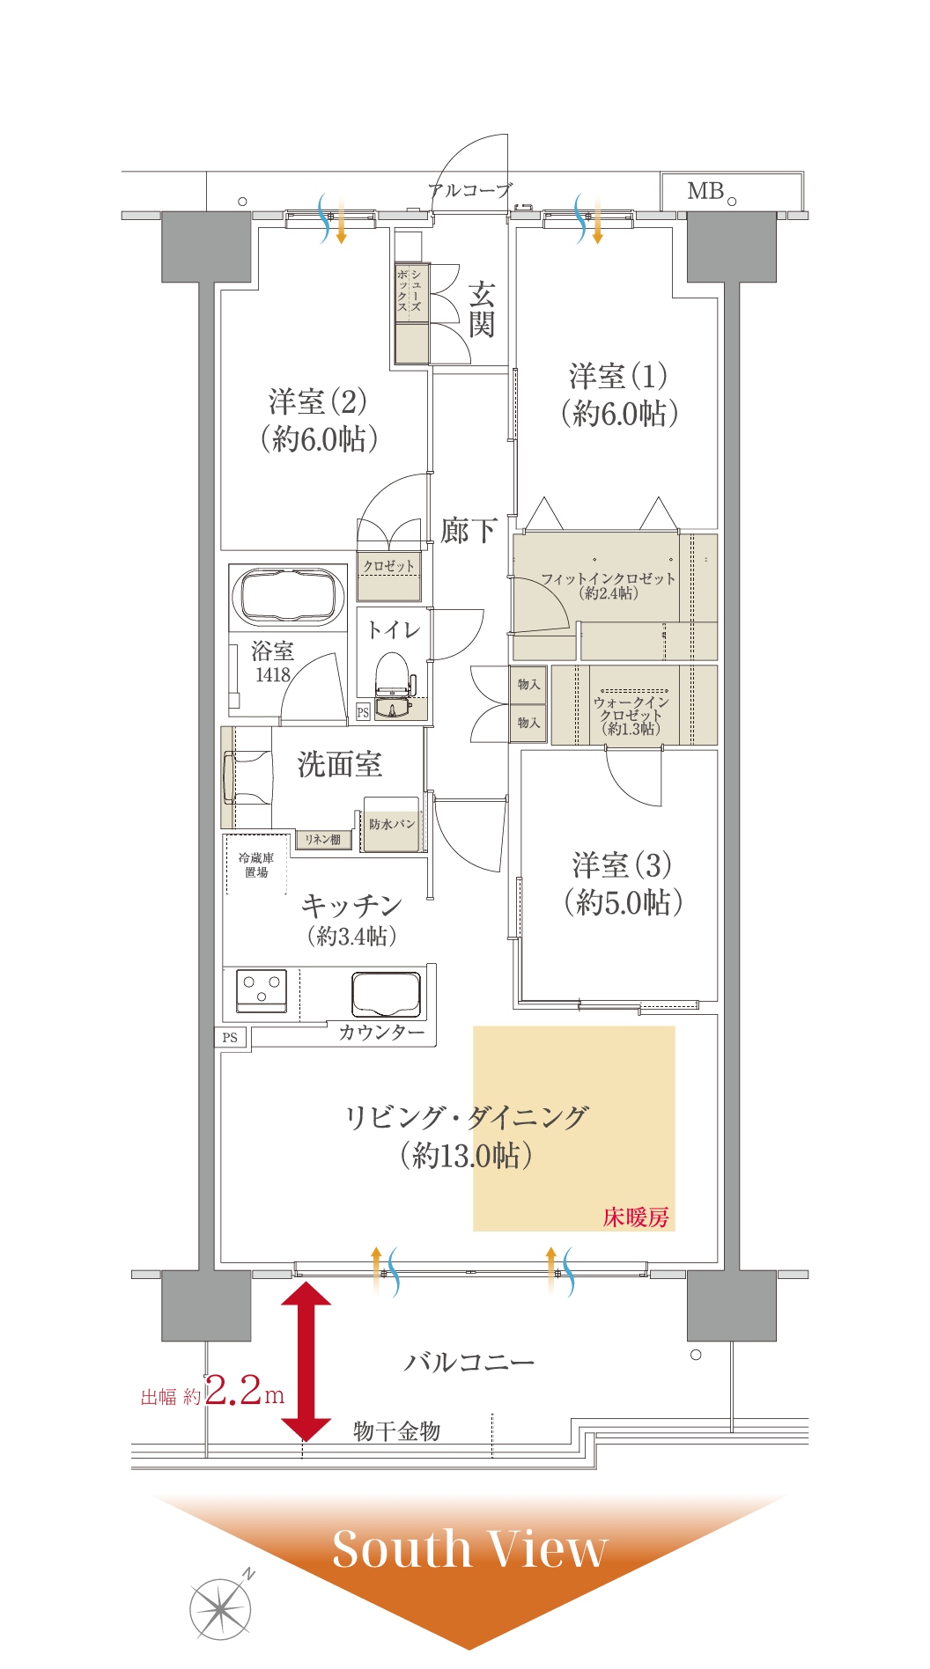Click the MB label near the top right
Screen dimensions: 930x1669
(x=705, y=191)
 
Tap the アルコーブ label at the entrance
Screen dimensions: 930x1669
(x=469, y=190)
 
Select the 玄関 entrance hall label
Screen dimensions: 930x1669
(x=481, y=310)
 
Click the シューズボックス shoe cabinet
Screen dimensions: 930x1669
(x=411, y=313)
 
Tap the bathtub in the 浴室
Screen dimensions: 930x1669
(x=288, y=595)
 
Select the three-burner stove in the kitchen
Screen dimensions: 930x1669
(x=262, y=989)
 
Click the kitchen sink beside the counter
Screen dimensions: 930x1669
(x=386, y=994)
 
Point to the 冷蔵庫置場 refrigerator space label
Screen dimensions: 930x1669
(x=256, y=864)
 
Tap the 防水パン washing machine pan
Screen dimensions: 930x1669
(x=392, y=824)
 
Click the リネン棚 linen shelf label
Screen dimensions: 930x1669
(x=323, y=840)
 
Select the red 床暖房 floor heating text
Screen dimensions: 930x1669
(x=636, y=1217)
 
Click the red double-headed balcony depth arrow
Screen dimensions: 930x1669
(x=306, y=1361)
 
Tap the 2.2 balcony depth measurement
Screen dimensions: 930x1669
(x=233, y=1390)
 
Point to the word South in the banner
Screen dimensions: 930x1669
(x=402, y=1549)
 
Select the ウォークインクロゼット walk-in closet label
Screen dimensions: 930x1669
(x=631, y=715)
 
